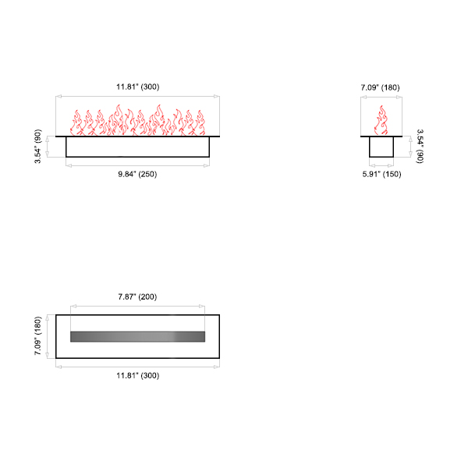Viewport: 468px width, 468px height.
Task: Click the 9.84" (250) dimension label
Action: (137, 174)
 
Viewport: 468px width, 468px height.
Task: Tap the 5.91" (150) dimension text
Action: (381, 174)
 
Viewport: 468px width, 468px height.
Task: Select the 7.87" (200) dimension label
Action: (137, 296)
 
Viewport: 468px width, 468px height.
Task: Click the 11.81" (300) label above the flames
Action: (137, 87)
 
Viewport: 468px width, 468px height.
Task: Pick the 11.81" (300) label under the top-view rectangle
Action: (137, 375)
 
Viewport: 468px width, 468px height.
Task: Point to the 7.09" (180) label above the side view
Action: (381, 87)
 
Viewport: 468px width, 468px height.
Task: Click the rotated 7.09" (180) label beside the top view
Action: (37, 335)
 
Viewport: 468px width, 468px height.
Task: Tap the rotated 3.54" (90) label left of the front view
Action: (37, 147)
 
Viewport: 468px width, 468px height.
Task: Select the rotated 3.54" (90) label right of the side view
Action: (420, 147)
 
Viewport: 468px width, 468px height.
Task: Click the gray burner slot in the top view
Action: (137, 336)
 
